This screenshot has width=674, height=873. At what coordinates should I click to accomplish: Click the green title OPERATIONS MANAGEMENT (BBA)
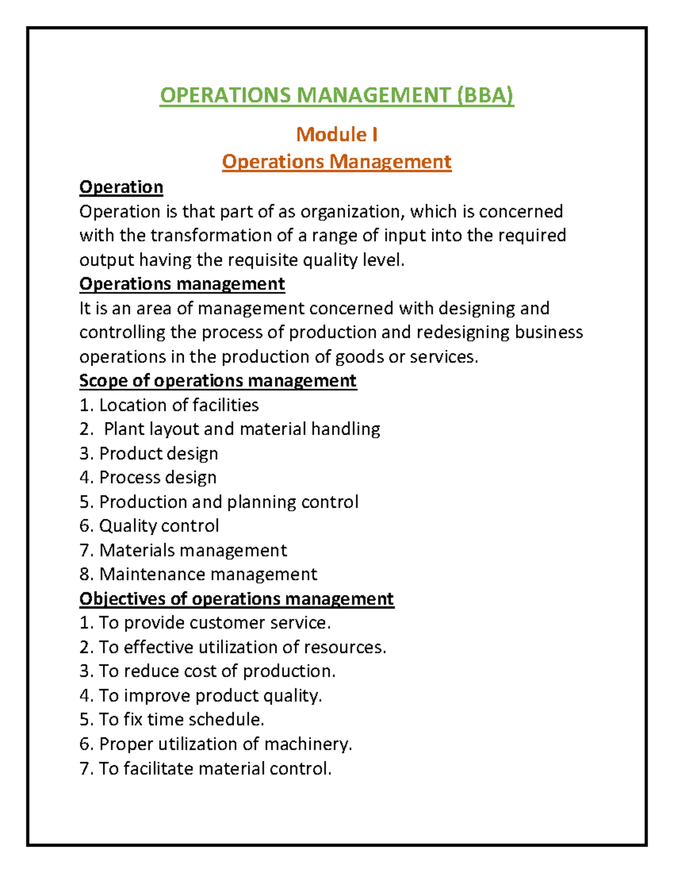pos(336,95)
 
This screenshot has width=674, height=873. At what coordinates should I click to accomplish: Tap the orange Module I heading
pos(336,134)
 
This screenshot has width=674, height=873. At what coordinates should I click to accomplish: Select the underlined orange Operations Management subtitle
pos(336,162)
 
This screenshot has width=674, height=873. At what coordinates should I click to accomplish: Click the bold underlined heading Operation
pos(121,187)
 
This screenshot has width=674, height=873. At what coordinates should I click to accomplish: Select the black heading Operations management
pos(182,284)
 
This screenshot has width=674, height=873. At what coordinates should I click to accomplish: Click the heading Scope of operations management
pos(218,381)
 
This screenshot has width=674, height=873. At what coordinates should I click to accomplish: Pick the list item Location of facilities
pos(179,405)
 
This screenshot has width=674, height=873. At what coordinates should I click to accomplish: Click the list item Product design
pos(158,453)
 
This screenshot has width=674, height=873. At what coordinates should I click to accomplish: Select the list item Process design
pos(158,477)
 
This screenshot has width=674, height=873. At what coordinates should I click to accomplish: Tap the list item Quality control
pos(159,526)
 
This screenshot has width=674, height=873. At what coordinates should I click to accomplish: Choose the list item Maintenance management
pos(208,574)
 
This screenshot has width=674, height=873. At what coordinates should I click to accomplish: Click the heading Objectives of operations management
pos(236,599)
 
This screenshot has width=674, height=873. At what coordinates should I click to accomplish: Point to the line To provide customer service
pos(215,623)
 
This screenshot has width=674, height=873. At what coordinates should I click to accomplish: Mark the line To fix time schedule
pos(181,720)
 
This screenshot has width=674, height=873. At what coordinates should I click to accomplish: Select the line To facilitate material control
pos(215,768)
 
